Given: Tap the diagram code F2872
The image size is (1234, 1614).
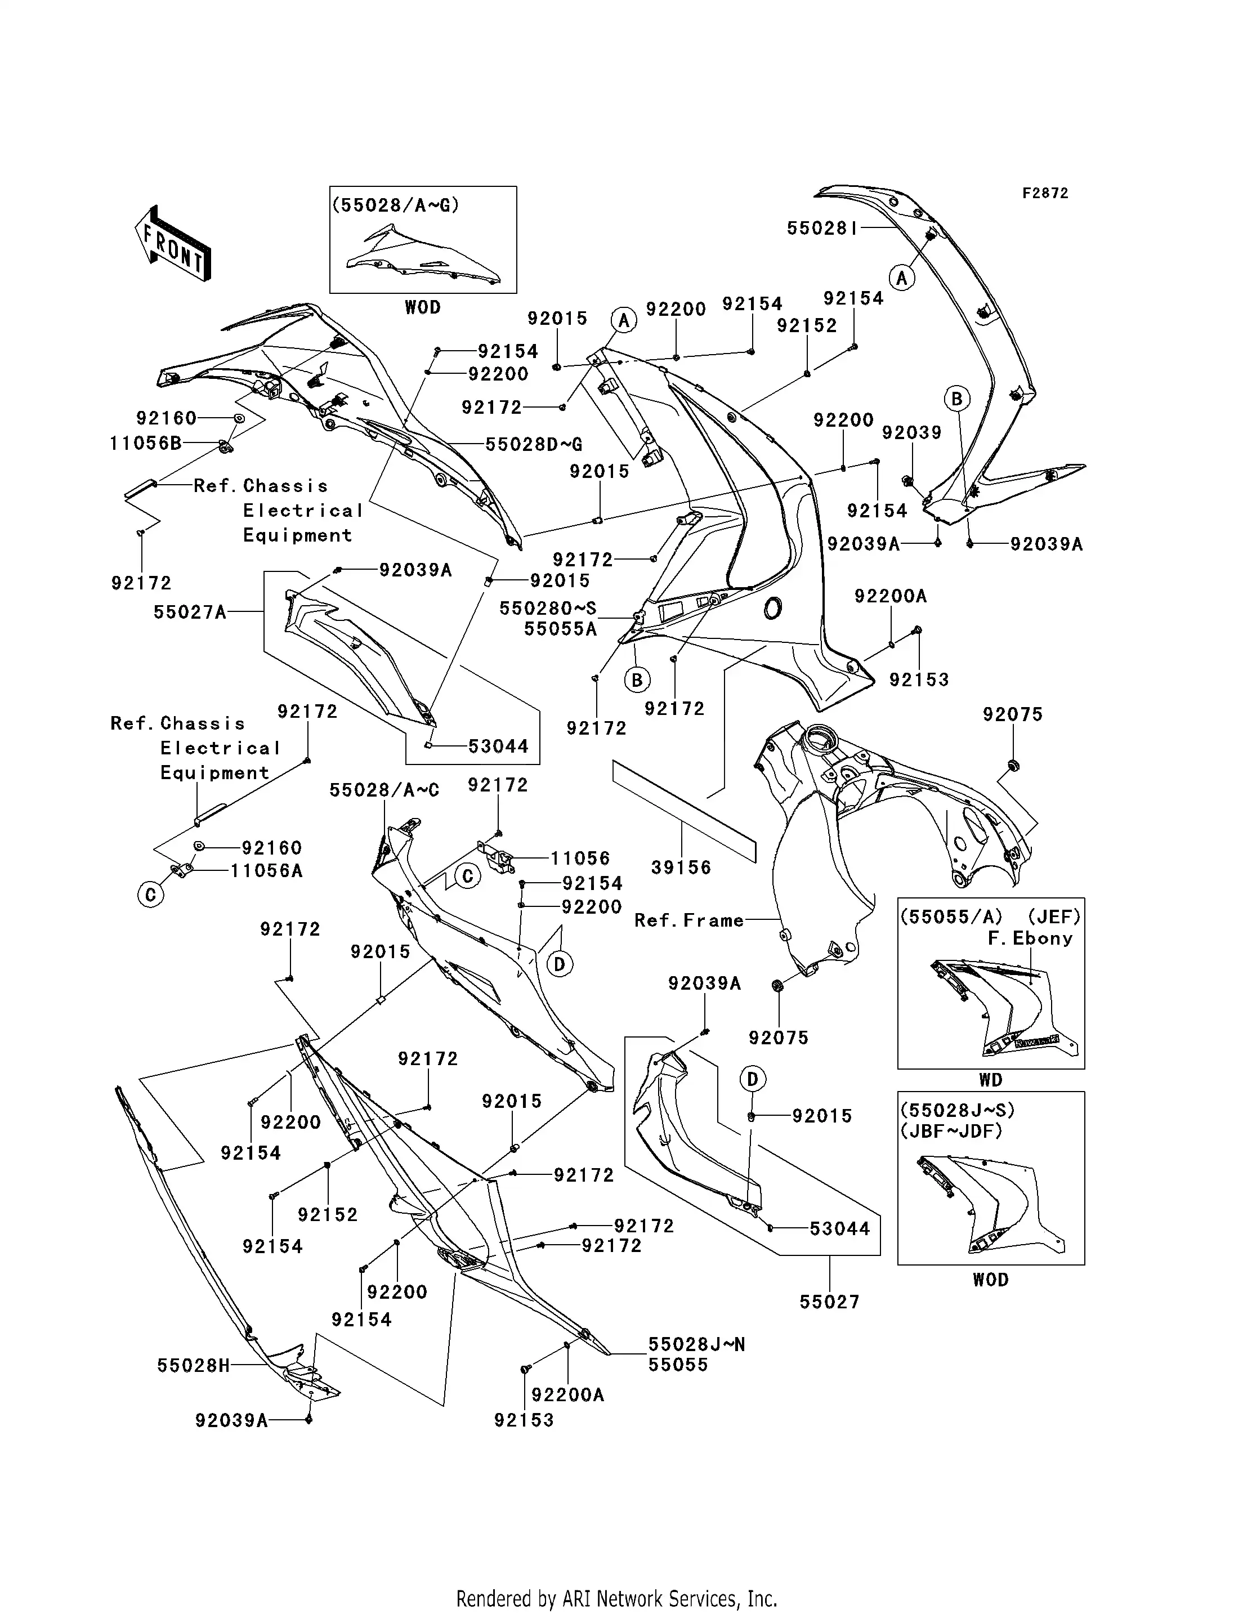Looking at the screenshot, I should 1045,193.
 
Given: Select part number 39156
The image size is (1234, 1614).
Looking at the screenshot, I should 681,868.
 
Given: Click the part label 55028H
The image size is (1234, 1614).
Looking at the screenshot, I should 193,1365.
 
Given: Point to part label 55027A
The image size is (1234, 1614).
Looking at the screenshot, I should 190,612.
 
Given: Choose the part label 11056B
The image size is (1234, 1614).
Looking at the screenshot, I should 145,443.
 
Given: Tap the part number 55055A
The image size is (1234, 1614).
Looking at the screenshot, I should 561,629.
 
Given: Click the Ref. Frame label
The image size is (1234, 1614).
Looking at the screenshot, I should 689,920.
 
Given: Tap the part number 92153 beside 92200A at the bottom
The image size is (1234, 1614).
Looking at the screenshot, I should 524,1420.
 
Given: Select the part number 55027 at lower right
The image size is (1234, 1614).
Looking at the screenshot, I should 829,1302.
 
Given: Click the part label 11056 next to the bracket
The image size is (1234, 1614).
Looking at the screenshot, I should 580,858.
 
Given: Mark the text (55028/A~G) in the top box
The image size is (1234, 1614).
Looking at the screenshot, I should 396,205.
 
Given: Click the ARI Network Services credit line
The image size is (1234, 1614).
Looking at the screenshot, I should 617,1577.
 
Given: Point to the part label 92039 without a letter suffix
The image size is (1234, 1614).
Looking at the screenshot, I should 911,433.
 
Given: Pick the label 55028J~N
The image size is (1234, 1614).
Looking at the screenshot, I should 696,1344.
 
